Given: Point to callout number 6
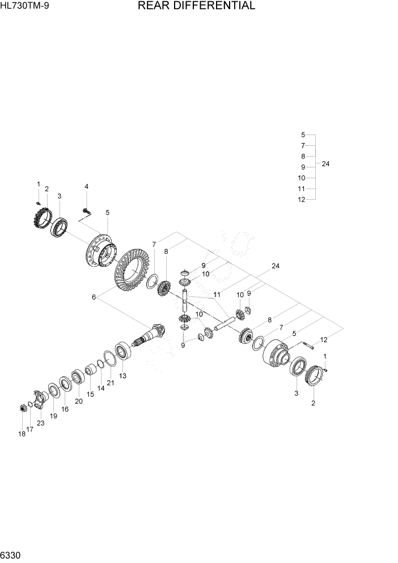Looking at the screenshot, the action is click(94, 297).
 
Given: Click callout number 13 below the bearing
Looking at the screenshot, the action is click(122, 376).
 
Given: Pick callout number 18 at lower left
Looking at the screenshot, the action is click(21, 434).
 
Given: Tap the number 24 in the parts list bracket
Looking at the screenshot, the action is click(325, 164).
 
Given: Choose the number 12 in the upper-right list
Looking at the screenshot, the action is click(302, 199).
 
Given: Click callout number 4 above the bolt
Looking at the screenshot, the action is click(87, 187).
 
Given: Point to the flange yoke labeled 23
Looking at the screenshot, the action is click(39, 397).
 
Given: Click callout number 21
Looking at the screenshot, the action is click(110, 383).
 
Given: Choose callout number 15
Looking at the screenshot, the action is click(90, 394).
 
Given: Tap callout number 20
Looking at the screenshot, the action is click(79, 401).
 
